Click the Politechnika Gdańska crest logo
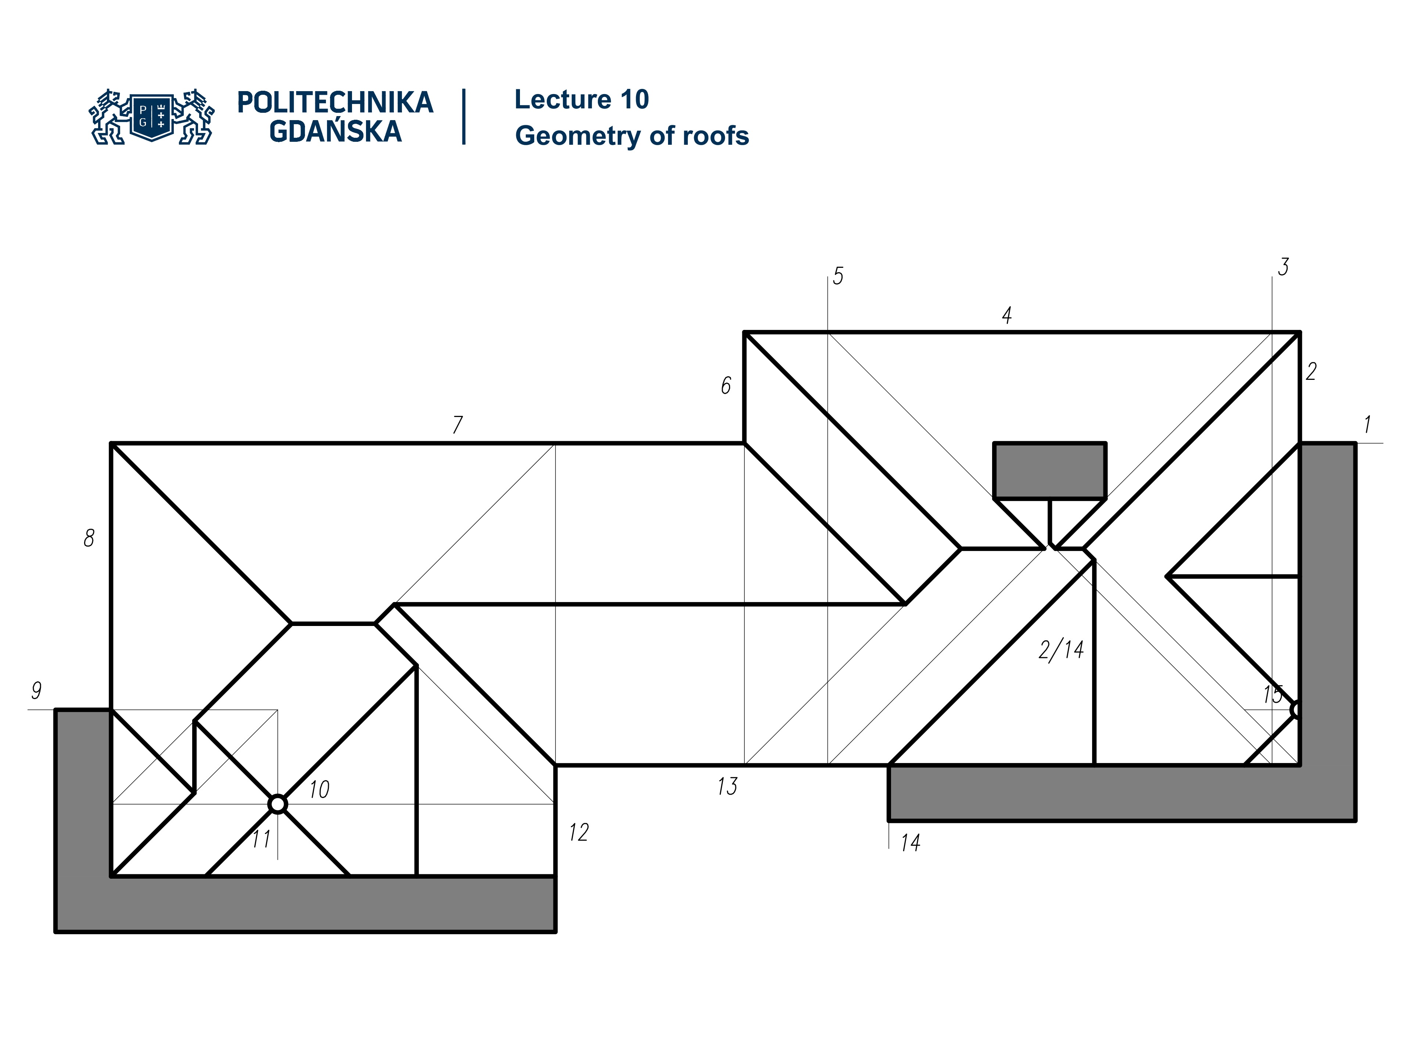(152, 117)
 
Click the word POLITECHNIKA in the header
(335, 102)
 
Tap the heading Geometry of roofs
(632, 136)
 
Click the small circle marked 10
(277, 804)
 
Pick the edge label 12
(579, 832)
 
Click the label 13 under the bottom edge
(727, 786)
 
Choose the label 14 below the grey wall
(910, 843)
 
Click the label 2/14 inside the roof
(1061, 650)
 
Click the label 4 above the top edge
(1006, 315)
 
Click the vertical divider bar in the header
(464, 117)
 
